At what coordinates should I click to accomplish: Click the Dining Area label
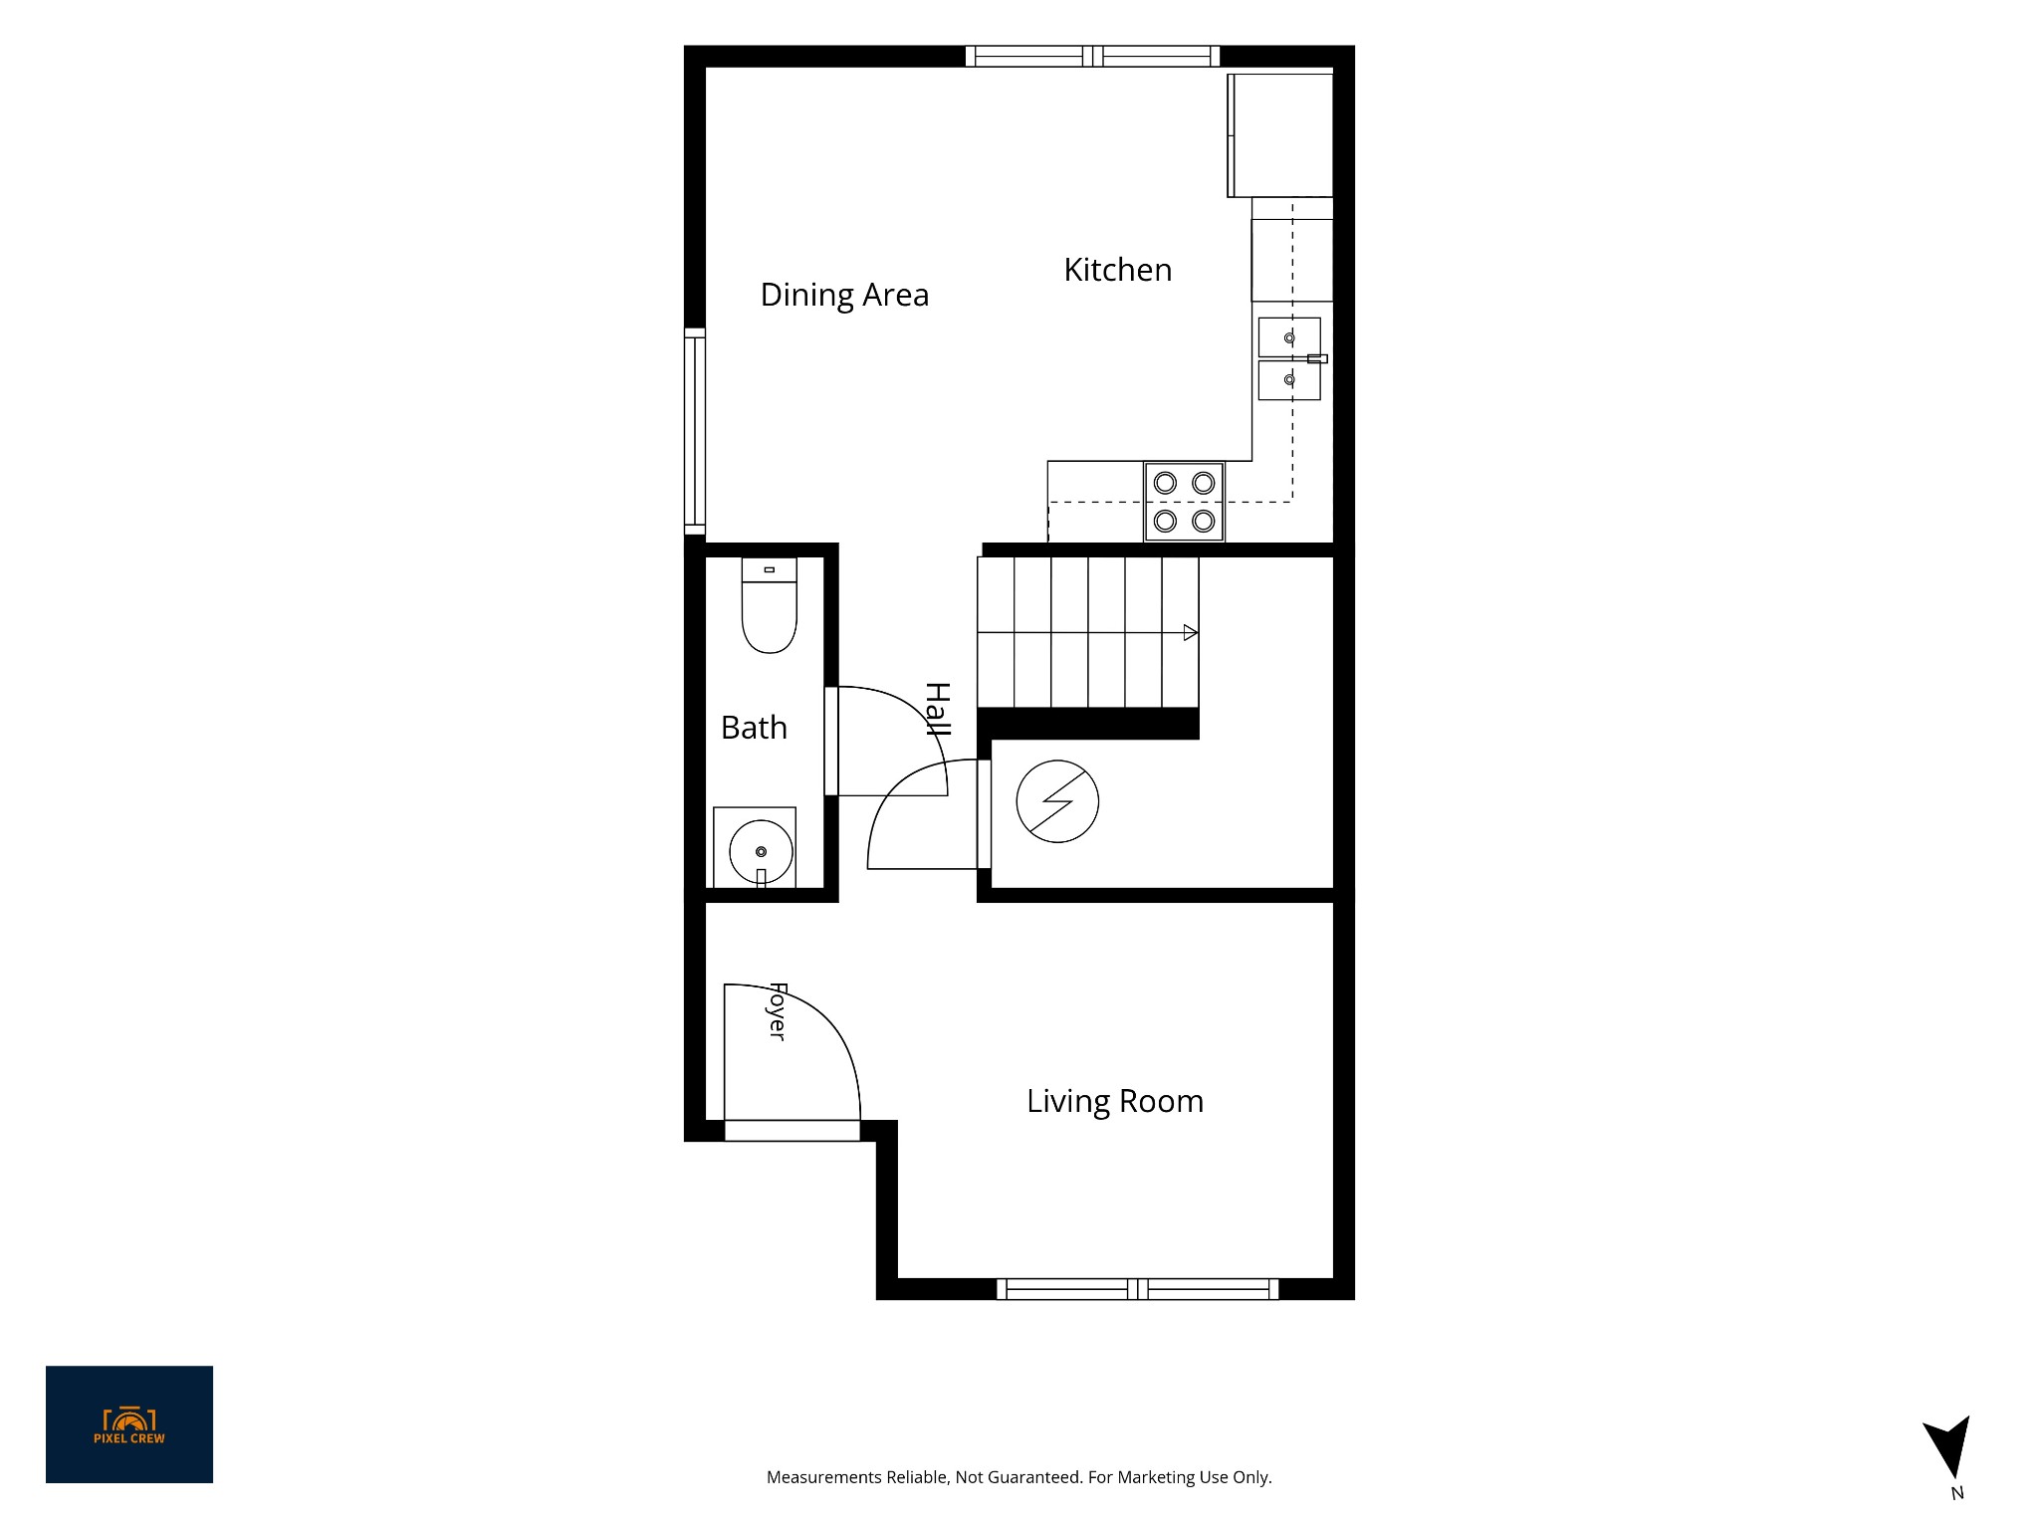pos(844,295)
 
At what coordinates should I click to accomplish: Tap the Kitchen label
pos(1117,270)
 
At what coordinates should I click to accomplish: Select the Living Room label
pos(1115,1101)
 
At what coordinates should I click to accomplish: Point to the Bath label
pos(754,728)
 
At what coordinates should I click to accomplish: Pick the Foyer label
pos(778,1011)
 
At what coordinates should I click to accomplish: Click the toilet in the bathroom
pos(770,605)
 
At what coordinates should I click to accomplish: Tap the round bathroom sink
pos(761,851)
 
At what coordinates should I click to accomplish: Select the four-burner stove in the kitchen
pos(1184,502)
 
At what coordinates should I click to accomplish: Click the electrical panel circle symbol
pos(1057,801)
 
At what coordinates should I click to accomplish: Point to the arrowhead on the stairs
pos(1190,632)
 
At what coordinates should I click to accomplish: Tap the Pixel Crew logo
pos(129,1424)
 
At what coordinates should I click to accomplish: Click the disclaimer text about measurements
pos(1019,1477)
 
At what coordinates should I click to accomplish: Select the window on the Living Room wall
pos(1137,1289)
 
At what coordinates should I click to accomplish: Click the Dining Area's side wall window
pos(695,431)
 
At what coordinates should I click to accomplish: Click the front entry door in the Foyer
pos(792,1130)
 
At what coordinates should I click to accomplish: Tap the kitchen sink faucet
pos(1316,358)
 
